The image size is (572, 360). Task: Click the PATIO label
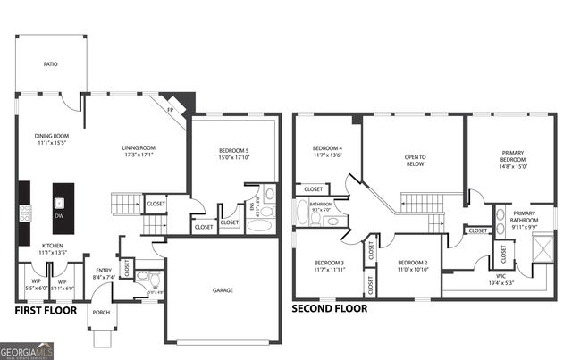click(x=52, y=64)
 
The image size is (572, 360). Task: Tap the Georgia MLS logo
click(x=27, y=350)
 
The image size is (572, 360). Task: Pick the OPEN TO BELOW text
click(x=416, y=161)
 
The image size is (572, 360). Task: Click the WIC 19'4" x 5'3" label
click(x=500, y=279)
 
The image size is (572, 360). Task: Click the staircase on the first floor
click(x=126, y=202)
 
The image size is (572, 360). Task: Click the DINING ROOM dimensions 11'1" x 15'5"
click(x=52, y=142)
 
